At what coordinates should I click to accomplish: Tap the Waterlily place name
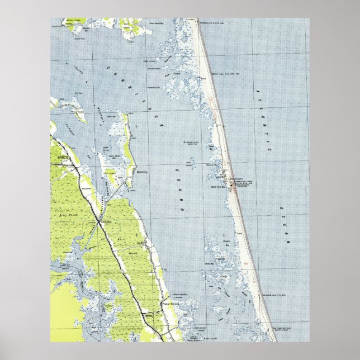point(143,172)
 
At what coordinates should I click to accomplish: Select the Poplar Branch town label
point(169,304)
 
